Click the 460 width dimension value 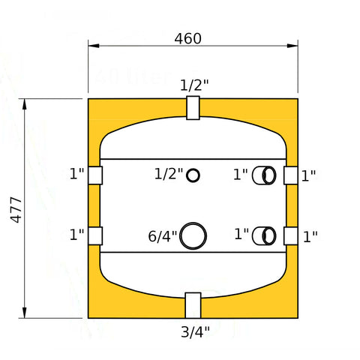click(x=187, y=39)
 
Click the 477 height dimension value click(x=16, y=210)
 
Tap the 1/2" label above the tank click(x=194, y=85)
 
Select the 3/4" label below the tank click(x=195, y=332)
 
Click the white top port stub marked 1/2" click(x=193, y=108)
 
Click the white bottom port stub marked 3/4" click(x=193, y=305)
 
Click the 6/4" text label click(x=163, y=236)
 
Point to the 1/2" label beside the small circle click(x=169, y=174)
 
